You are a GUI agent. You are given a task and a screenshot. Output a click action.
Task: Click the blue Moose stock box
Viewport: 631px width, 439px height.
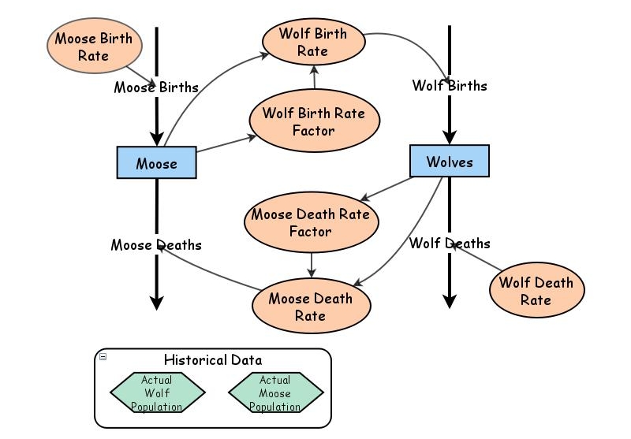tap(156, 163)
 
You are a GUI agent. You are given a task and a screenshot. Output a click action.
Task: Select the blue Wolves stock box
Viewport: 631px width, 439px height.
tap(450, 162)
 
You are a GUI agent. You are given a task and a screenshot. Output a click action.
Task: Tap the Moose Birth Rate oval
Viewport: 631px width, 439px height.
tap(93, 47)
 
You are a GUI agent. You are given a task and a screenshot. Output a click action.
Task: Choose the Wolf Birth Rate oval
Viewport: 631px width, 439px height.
tap(312, 43)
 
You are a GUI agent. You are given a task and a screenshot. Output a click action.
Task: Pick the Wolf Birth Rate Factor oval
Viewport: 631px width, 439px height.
tap(313, 122)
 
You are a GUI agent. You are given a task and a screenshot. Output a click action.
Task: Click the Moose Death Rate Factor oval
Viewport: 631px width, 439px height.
tap(310, 223)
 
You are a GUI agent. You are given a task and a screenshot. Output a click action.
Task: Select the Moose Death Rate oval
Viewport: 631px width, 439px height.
tap(310, 307)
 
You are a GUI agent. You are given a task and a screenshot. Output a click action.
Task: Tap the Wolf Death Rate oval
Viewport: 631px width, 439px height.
tap(536, 291)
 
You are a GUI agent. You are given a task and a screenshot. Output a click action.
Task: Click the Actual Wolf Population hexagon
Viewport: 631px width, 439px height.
tap(156, 393)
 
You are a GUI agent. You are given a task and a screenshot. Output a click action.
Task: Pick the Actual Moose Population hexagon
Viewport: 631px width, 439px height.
tap(275, 393)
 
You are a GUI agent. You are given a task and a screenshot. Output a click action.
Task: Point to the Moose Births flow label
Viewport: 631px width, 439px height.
tap(156, 87)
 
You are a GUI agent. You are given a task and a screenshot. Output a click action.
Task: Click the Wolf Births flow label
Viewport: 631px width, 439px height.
tap(450, 85)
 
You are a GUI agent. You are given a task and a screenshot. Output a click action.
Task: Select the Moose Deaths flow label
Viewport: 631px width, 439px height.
tap(156, 245)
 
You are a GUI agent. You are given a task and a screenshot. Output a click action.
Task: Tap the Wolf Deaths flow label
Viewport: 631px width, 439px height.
tap(450, 244)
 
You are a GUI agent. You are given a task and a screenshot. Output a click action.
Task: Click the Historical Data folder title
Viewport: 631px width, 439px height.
tap(213, 360)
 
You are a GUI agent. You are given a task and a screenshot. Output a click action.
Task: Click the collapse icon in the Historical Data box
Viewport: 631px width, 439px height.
tap(103, 358)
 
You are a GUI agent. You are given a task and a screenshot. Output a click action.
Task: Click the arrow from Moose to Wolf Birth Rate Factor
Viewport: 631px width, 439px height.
tap(227, 143)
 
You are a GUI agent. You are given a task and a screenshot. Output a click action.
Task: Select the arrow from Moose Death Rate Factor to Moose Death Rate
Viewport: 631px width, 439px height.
tap(312, 263)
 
